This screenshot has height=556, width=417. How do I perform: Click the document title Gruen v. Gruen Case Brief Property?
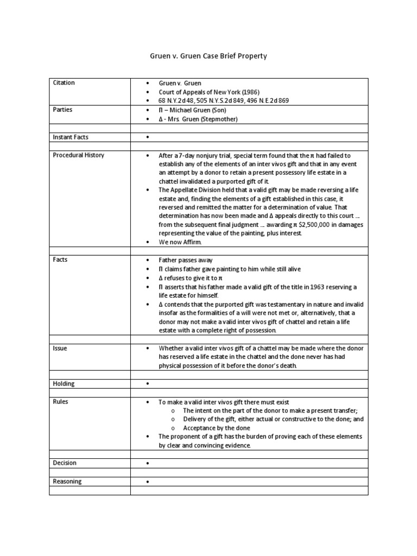click(x=208, y=56)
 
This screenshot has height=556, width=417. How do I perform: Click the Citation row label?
click(x=64, y=83)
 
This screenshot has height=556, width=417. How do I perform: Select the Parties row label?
click(x=62, y=110)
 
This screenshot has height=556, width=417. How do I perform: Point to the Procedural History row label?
click(x=78, y=155)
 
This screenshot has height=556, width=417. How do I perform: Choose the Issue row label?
click(x=60, y=349)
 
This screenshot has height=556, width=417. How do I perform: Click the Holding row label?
click(x=64, y=384)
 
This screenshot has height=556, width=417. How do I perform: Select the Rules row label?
click(x=61, y=402)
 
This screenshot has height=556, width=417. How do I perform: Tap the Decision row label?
click(x=65, y=463)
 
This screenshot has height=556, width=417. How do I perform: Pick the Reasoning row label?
click(x=67, y=482)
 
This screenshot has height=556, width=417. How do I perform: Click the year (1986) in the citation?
click(x=251, y=92)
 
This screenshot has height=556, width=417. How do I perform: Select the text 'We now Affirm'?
click(x=180, y=242)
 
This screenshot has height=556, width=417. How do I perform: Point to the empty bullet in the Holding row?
click(x=148, y=384)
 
